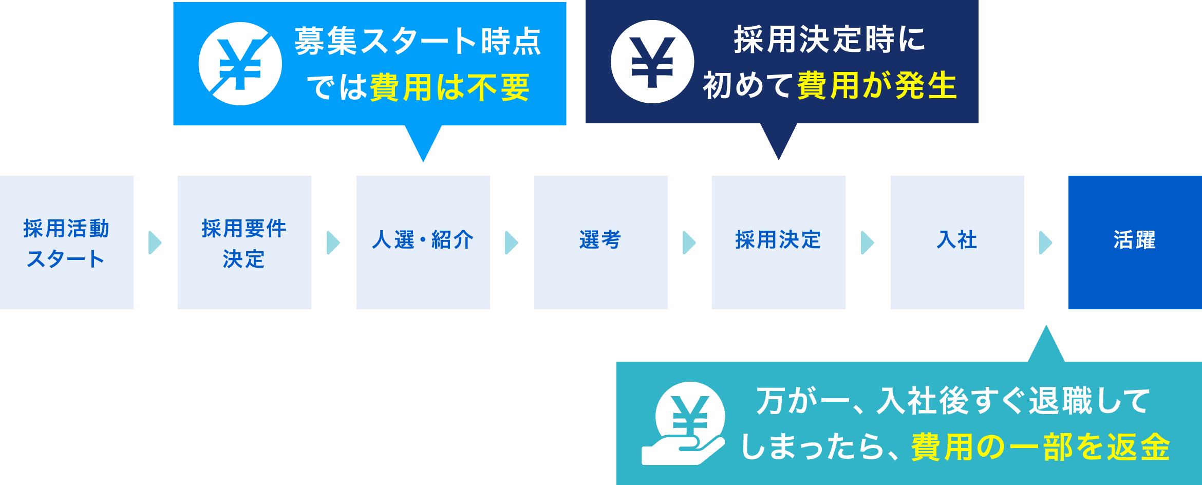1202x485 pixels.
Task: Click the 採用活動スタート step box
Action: click(x=67, y=242)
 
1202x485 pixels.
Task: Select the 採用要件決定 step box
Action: click(x=245, y=242)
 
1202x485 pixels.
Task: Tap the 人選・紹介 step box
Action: click(x=423, y=242)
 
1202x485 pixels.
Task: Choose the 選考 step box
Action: click(x=600, y=242)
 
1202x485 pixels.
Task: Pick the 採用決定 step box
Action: click(x=778, y=242)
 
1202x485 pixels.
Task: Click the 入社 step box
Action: click(x=957, y=242)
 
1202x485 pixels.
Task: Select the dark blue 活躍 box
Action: click(x=1135, y=242)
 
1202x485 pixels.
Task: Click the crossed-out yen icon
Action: click(x=240, y=64)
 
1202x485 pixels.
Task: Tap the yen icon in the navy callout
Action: click(x=652, y=62)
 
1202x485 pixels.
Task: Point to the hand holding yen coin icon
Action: click(x=683, y=424)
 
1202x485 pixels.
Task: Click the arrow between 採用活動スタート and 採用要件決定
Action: click(x=155, y=242)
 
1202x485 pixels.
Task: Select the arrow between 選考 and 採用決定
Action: click(x=689, y=242)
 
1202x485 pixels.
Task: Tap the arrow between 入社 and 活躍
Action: click(x=1046, y=242)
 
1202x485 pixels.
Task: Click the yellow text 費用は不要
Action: click(x=449, y=87)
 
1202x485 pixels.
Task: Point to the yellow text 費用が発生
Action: click(x=877, y=85)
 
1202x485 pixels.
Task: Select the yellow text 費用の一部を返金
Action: click(x=1040, y=447)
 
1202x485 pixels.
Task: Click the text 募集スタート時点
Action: click(x=418, y=41)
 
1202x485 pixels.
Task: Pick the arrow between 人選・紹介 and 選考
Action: click(x=512, y=242)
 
